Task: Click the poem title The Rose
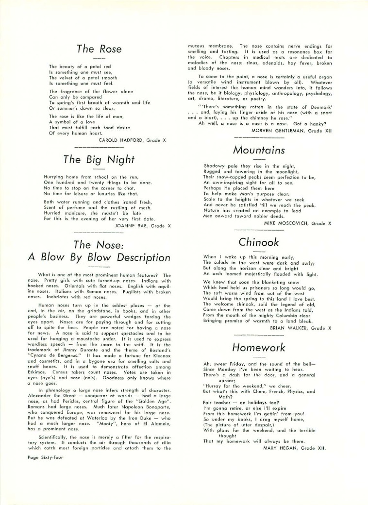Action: coord(99,49)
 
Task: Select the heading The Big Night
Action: coord(99,159)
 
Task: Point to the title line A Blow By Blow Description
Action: coord(99,257)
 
